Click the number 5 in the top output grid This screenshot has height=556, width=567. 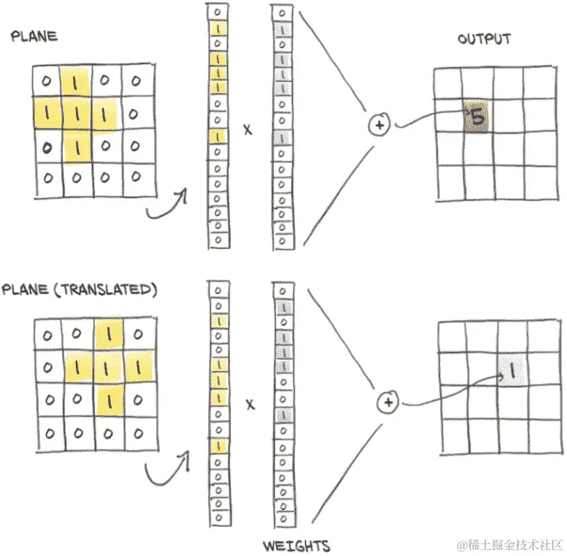point(477,118)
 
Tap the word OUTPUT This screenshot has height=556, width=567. point(484,39)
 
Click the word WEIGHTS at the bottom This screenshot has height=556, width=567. point(297,545)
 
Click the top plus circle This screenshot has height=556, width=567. point(378,125)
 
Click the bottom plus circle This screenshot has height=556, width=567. point(388,402)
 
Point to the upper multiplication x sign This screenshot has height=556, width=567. point(248,130)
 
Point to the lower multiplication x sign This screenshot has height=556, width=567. point(250,406)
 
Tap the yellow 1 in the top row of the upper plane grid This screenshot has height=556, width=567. point(76,83)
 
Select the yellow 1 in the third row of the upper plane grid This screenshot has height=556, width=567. point(76,147)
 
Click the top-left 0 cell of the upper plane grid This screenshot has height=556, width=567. point(46,82)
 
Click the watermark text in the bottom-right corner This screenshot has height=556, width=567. point(509,543)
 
